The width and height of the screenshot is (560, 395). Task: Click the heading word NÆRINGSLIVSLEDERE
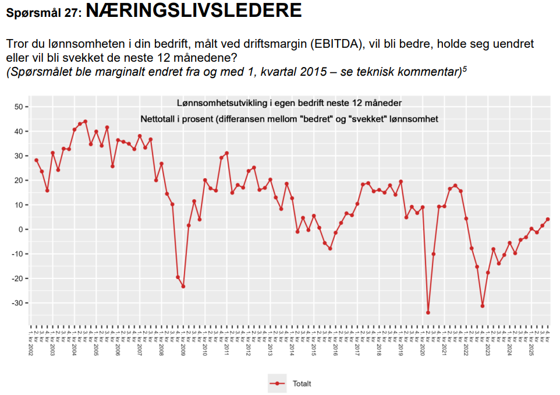[193, 10]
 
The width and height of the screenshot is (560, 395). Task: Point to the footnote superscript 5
[465, 69]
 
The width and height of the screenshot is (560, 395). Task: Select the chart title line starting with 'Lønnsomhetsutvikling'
[289, 103]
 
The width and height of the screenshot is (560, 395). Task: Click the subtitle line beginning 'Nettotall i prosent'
[289, 119]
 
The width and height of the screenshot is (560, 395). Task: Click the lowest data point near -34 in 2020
[428, 313]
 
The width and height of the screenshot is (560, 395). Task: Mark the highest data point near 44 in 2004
[85, 122]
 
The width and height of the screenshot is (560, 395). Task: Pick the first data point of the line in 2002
[36, 160]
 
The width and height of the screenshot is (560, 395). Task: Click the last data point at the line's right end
[548, 220]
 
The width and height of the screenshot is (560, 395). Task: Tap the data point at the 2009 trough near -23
[183, 287]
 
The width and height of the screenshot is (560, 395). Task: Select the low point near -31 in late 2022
[483, 306]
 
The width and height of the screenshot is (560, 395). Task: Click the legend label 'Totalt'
[302, 383]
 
